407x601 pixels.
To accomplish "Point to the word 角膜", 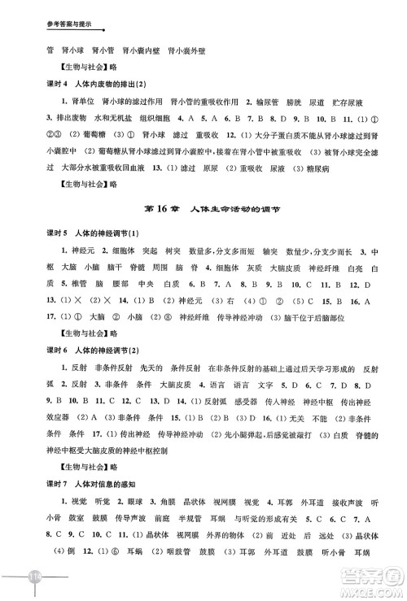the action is pyautogui.click(x=184, y=525).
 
